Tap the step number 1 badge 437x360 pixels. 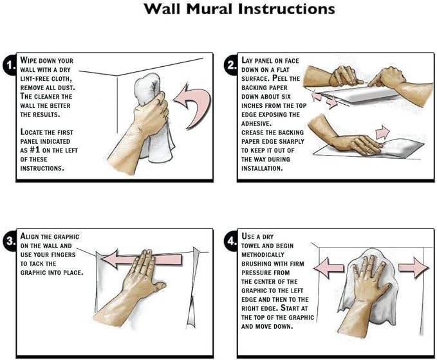coord(10,66)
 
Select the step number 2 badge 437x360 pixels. coord(231,66)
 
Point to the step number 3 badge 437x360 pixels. coord(10,241)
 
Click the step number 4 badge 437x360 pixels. coord(231,241)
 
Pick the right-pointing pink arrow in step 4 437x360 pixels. coord(414,267)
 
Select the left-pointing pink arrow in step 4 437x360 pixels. coord(329,268)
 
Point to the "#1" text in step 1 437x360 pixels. coord(35,150)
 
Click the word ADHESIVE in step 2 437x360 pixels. coord(256,123)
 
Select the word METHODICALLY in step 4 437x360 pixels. coord(263,255)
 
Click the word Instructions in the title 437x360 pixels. coord(286,9)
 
